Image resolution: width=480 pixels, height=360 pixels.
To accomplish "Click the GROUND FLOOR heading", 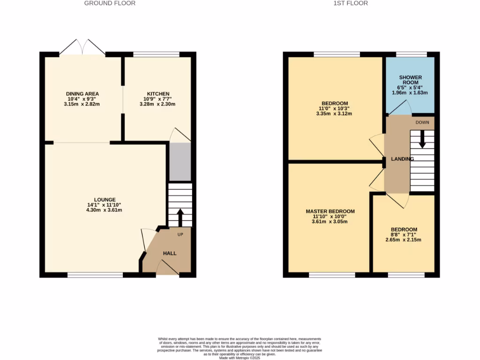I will (110, 3).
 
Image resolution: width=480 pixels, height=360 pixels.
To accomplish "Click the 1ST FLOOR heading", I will (350, 3).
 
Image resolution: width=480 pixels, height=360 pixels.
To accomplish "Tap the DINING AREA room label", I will (82, 94).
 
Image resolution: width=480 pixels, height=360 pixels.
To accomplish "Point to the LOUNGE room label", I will (101, 200).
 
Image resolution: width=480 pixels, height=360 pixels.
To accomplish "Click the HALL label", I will (170, 254).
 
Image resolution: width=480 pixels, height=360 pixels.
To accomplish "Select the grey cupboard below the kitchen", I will (180, 162).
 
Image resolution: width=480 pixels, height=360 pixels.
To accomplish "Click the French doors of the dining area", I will (82, 47).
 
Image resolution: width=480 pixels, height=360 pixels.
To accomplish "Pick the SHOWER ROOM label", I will (410, 80).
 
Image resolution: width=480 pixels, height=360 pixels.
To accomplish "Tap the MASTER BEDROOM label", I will (330, 211).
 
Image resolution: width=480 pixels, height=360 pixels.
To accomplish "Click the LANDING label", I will (402, 159).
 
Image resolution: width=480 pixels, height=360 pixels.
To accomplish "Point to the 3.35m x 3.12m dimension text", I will (335, 113).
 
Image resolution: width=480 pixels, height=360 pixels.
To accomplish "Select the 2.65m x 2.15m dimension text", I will (404, 240).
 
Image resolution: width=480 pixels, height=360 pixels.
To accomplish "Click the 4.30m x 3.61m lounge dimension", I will (101, 210).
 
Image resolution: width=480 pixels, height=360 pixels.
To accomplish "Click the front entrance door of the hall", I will (167, 268).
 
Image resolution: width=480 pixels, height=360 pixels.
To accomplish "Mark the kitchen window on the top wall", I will (157, 54).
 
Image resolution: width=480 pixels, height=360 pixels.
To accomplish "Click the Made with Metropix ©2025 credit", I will (240, 358).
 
